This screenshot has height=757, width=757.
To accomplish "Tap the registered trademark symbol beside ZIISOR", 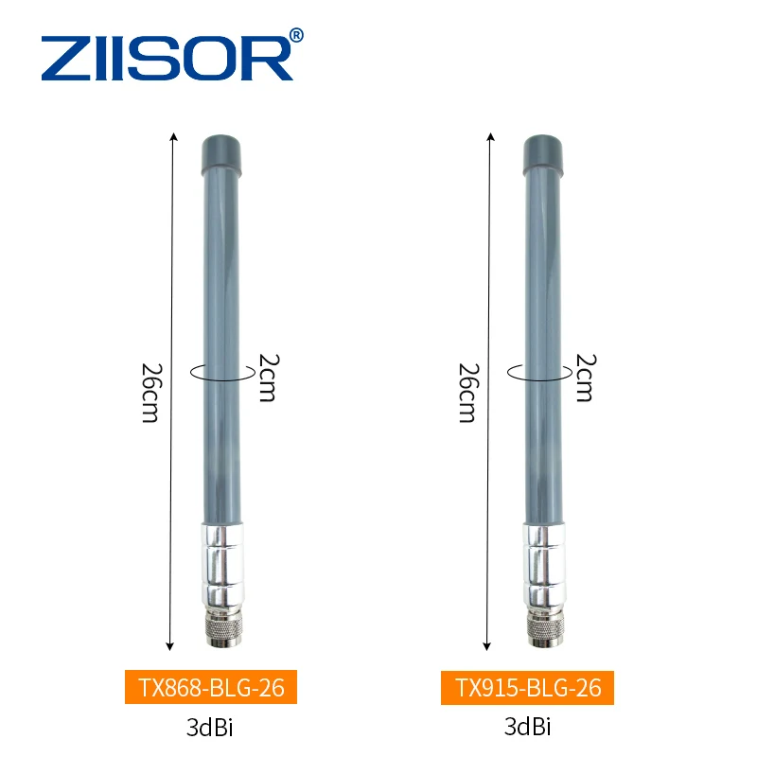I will point(296,36).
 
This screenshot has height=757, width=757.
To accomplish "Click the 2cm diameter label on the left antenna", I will point(267,378).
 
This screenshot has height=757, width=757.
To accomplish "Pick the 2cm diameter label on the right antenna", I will point(584,378).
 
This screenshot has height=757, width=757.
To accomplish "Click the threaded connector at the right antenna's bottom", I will point(543,630).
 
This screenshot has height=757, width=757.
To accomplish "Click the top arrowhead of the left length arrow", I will point(172,135).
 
